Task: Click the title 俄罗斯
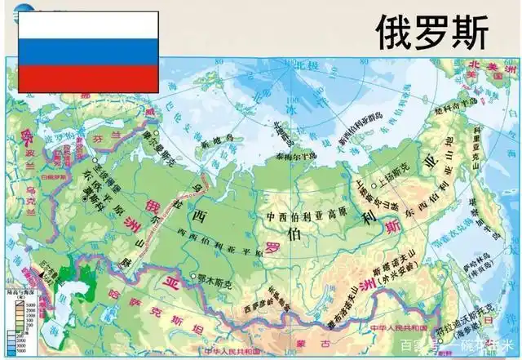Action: [431, 32]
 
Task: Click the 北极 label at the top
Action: [286, 64]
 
